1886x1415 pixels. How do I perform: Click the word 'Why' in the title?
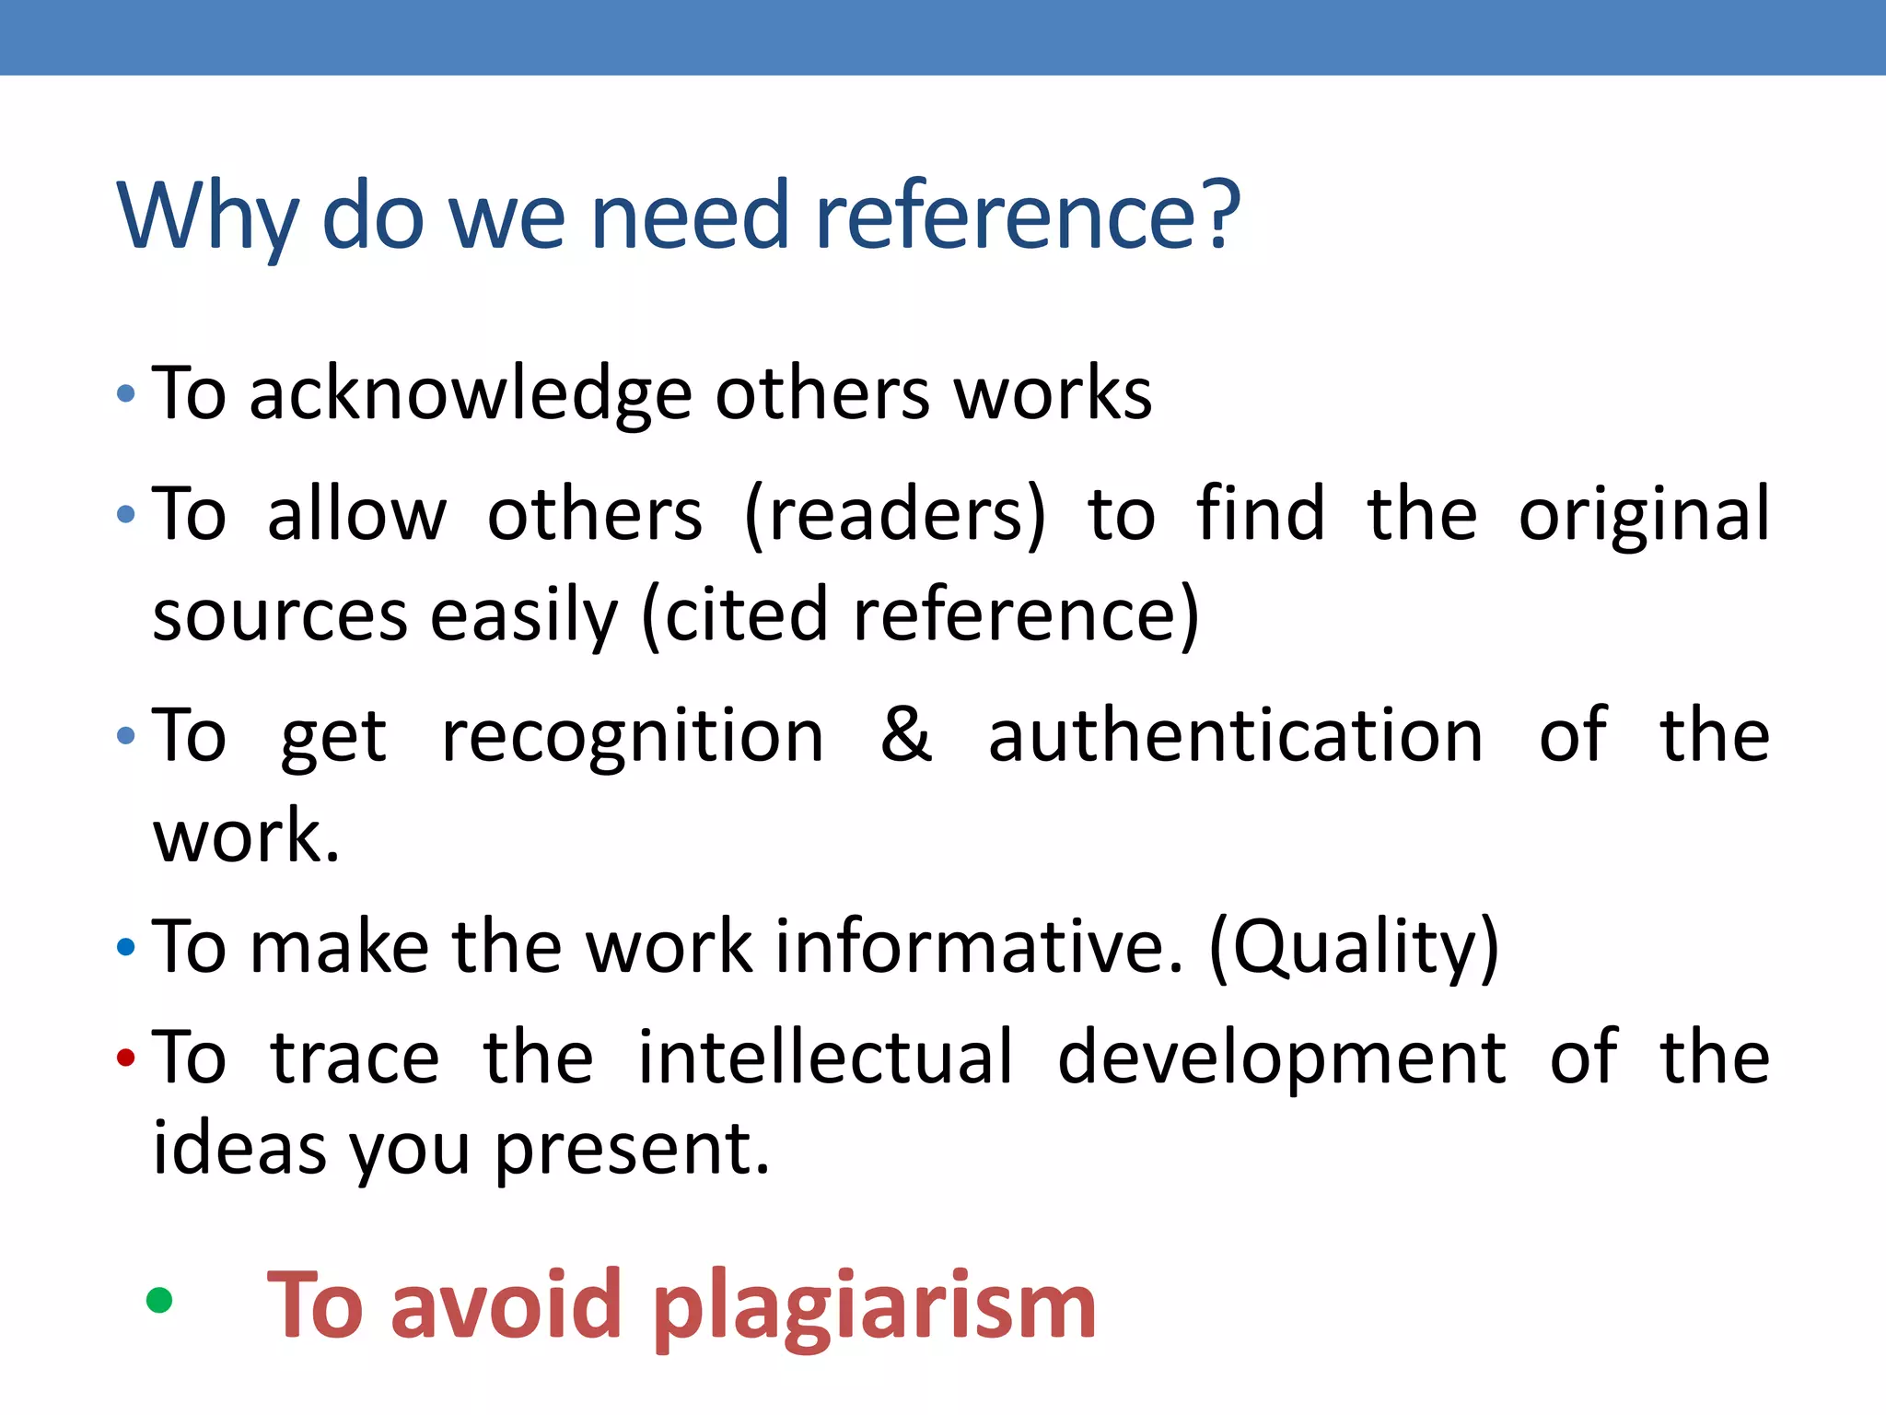(x=207, y=216)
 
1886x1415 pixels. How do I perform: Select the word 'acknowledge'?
(x=470, y=394)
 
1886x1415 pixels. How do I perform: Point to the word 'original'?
(x=1643, y=516)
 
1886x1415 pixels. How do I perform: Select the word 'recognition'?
(x=633, y=737)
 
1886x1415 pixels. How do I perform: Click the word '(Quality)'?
(x=1354, y=949)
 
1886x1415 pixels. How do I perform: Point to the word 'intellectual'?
(x=825, y=1057)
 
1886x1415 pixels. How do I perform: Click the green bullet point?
(x=159, y=1300)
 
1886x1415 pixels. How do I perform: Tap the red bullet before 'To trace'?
(x=126, y=1057)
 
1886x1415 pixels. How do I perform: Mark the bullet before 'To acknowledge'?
(x=126, y=394)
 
